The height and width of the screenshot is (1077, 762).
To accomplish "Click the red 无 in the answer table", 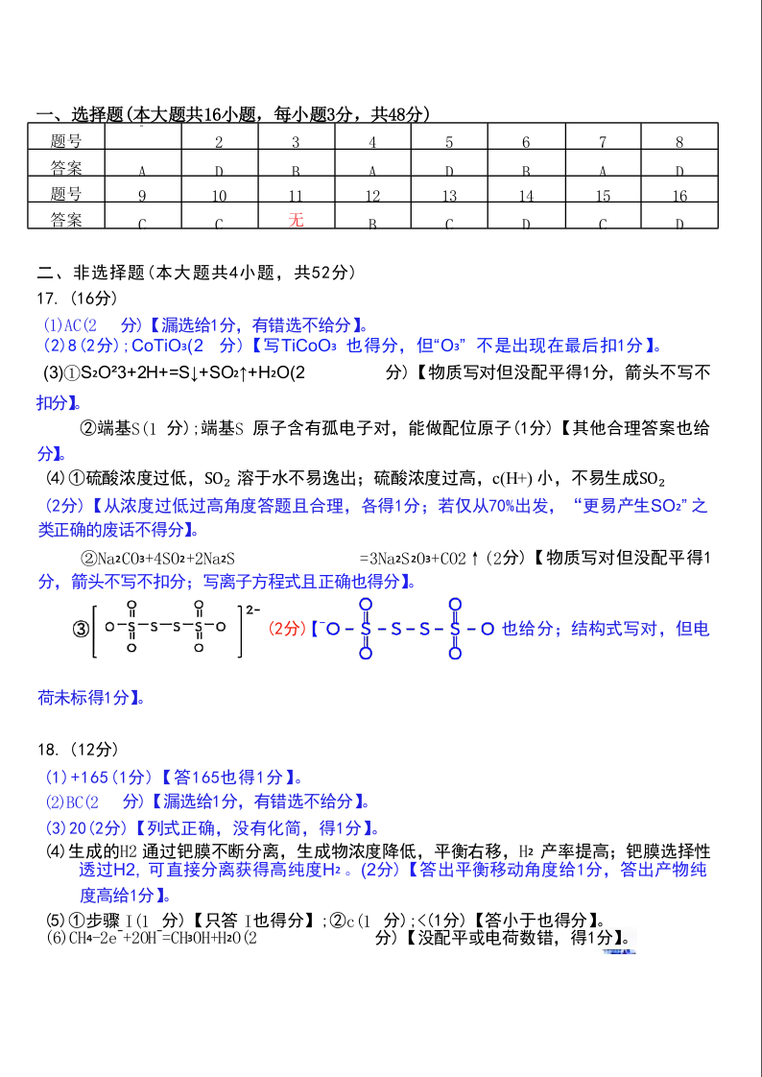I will (x=296, y=220).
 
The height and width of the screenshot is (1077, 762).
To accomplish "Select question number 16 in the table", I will (x=679, y=196).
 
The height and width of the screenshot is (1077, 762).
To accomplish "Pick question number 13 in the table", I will (x=449, y=196).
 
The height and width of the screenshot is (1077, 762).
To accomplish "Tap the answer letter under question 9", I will (x=142, y=225).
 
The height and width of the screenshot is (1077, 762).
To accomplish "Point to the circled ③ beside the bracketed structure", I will (x=81, y=629).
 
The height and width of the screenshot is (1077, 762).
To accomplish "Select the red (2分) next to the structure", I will (x=286, y=629).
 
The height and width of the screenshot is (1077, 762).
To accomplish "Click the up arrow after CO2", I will (x=475, y=558).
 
